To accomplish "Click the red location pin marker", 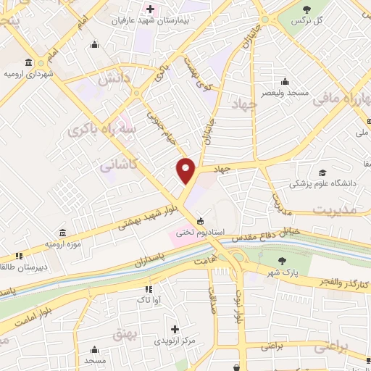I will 186,171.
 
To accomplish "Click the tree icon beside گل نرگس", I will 307,9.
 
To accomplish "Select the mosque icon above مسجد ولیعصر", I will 285,81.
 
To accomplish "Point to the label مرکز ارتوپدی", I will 174,340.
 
